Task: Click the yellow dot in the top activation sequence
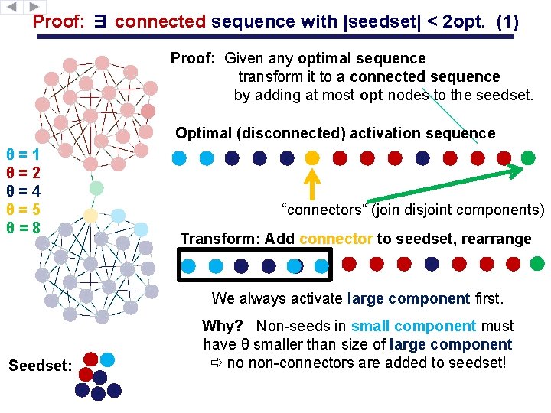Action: coord(312,158)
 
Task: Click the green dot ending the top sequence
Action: coord(528,158)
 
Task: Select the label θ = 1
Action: coord(23,153)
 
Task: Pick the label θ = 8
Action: coord(23,227)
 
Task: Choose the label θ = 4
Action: coord(23,190)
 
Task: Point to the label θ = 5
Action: coord(23,209)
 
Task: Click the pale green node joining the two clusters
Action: coord(96,187)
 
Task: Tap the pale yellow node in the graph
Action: coord(90,216)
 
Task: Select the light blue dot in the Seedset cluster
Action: coord(108,359)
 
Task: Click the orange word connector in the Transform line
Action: coord(336,239)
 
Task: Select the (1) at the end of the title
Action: coord(507,22)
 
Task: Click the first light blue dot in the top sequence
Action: coord(179,158)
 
